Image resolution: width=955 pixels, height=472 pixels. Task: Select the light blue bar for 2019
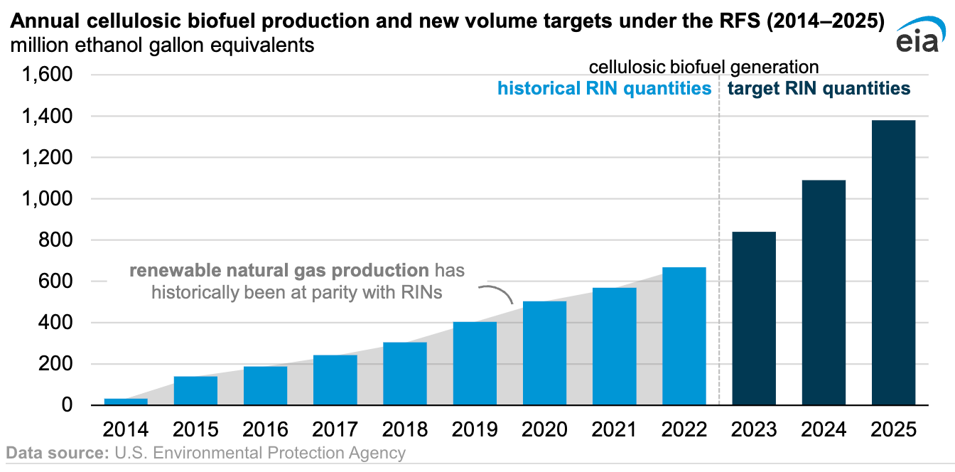pyautogui.click(x=475, y=363)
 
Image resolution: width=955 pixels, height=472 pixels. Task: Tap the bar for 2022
pyautogui.click(x=684, y=336)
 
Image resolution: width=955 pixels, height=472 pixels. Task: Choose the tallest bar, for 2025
pyautogui.click(x=893, y=263)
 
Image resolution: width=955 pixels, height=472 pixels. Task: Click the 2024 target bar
pyautogui.click(x=824, y=292)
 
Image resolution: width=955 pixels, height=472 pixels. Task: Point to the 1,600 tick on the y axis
pyautogui.click(x=48, y=75)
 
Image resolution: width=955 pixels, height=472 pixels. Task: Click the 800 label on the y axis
pyautogui.click(x=58, y=240)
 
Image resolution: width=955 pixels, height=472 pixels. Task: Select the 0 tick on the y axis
pyautogui.click(x=67, y=405)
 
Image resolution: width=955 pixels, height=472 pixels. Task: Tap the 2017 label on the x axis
pyautogui.click(x=335, y=429)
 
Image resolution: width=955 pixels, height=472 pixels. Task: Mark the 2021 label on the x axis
pyautogui.click(x=614, y=429)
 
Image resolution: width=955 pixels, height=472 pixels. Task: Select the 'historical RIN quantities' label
pyautogui.click(x=604, y=88)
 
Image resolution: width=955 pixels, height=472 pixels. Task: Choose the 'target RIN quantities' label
pyautogui.click(x=818, y=88)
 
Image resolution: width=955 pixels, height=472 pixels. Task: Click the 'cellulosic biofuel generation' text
pyautogui.click(x=703, y=67)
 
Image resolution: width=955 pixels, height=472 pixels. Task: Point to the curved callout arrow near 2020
pyautogui.click(x=497, y=292)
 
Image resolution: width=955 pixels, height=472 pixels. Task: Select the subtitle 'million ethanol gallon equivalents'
pyautogui.click(x=162, y=45)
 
